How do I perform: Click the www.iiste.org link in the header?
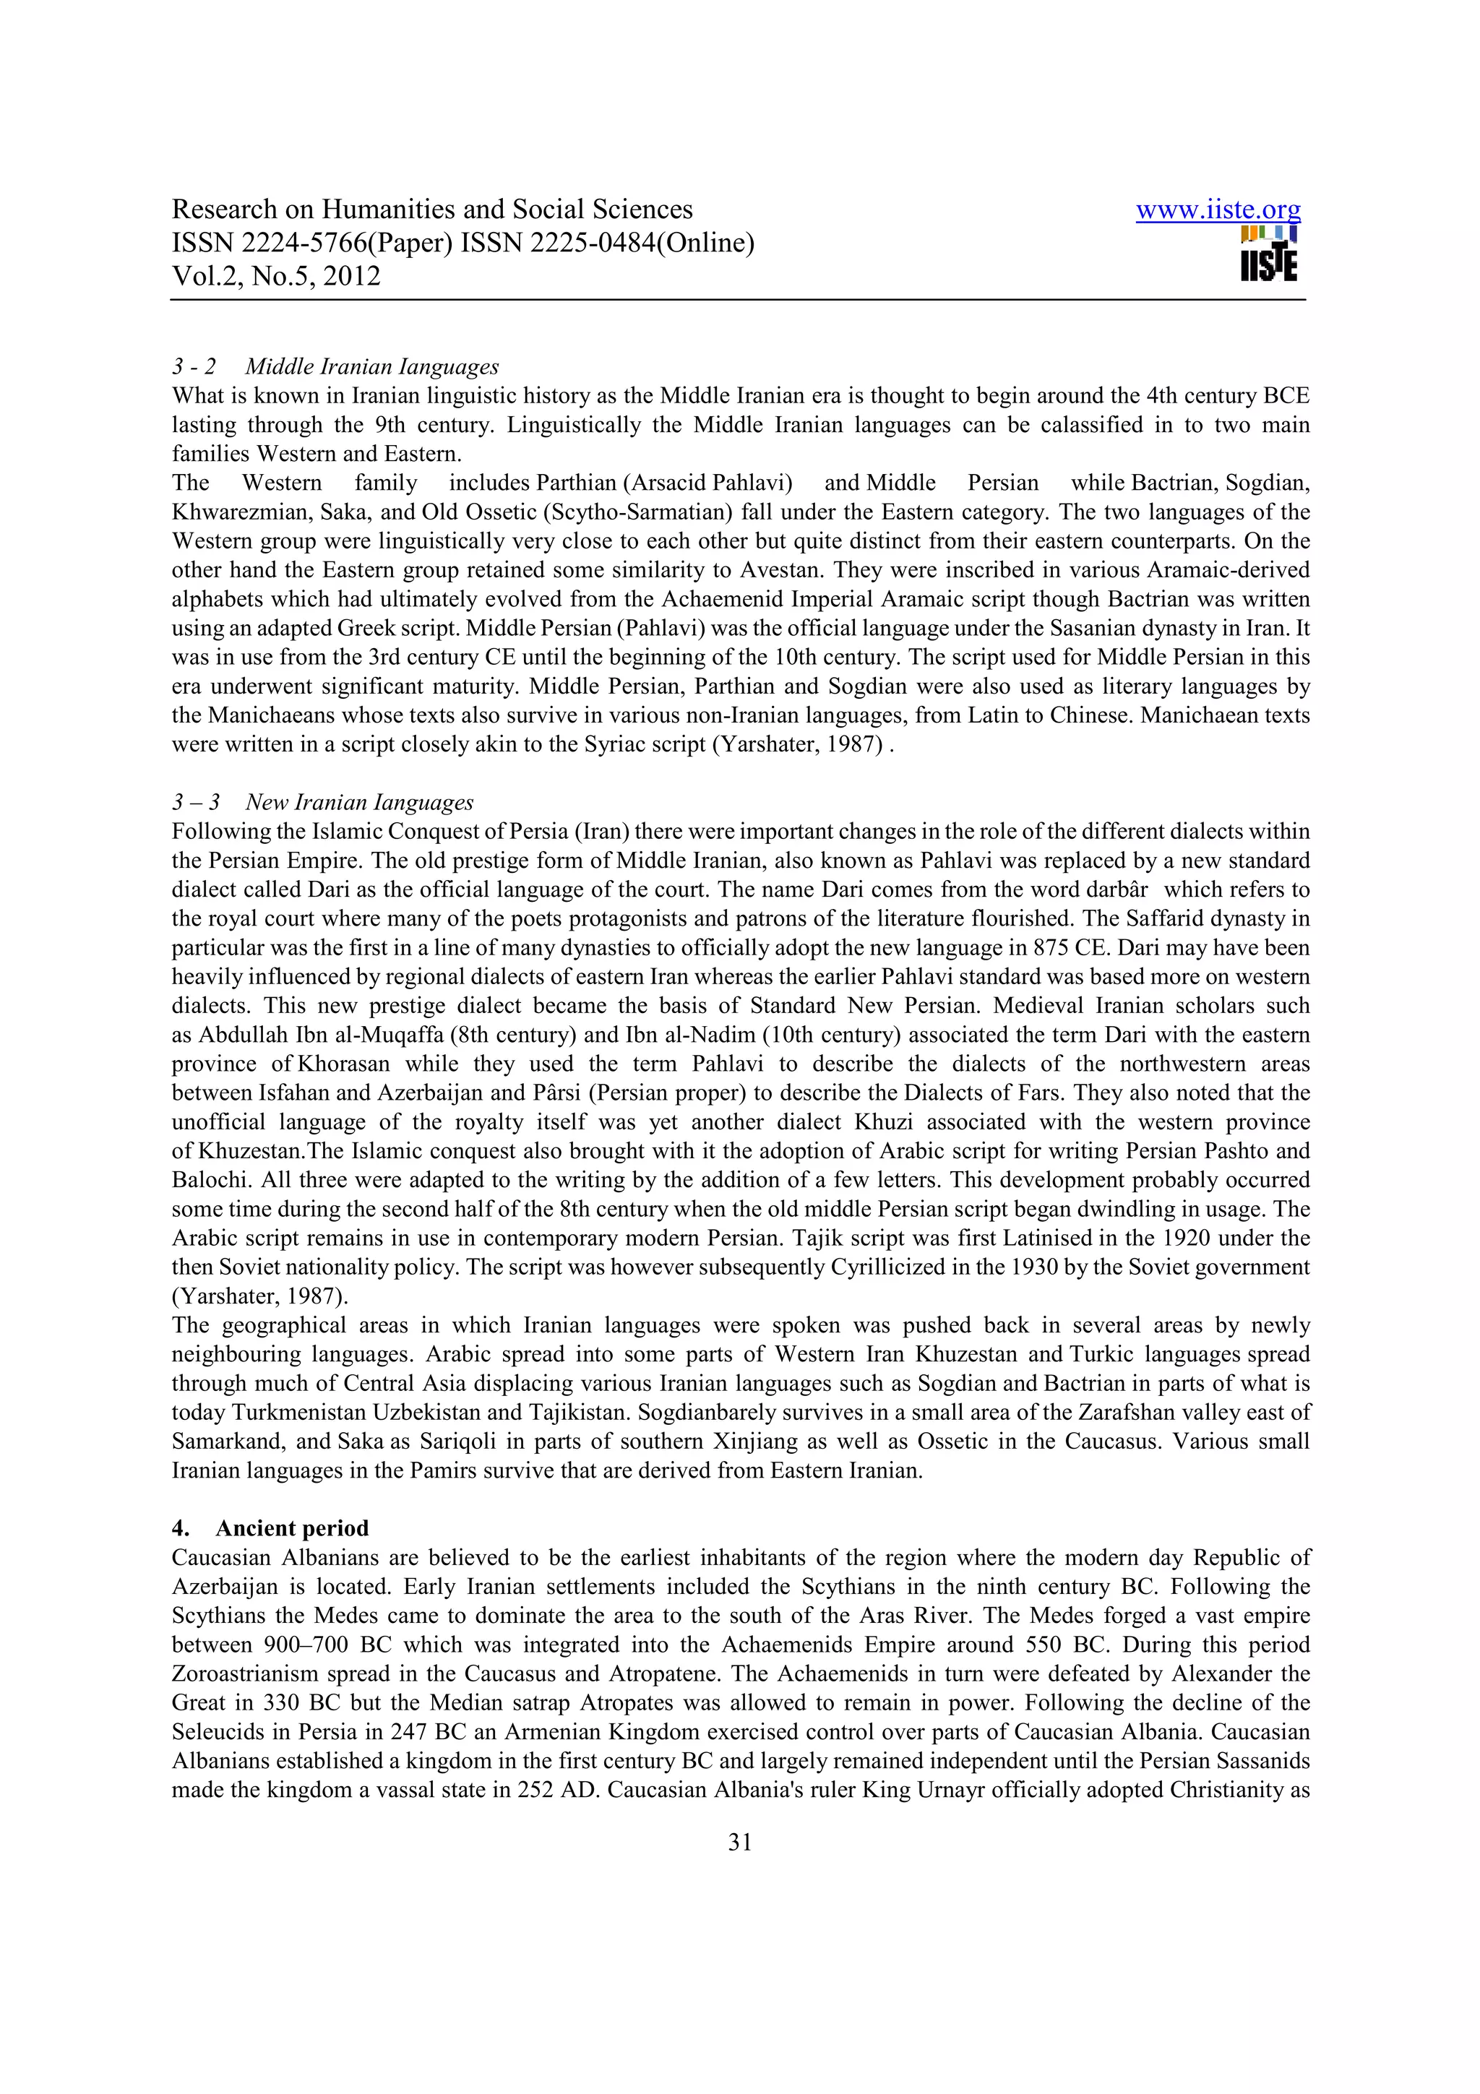point(1218,211)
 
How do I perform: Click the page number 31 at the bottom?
point(739,1843)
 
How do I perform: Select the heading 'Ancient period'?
point(292,1528)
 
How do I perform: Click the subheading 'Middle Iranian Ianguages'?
point(372,366)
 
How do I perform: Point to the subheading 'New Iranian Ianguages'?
point(359,803)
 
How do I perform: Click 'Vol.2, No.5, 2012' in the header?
point(276,276)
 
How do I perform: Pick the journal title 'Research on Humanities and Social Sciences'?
point(432,210)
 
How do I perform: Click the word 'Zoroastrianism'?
point(245,1673)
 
